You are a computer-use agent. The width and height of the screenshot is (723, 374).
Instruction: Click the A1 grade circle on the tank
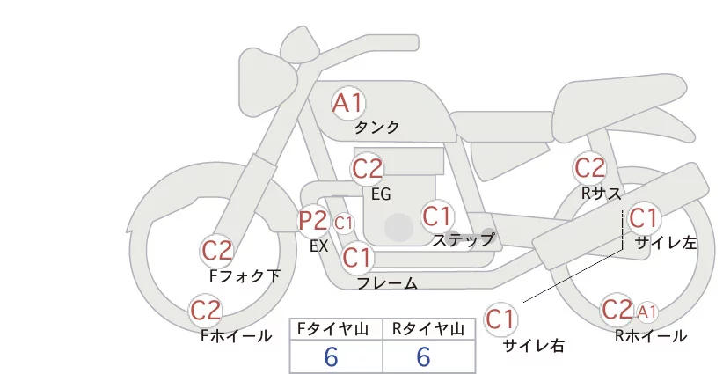tap(347, 103)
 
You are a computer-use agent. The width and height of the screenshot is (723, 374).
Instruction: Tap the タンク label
tap(377, 128)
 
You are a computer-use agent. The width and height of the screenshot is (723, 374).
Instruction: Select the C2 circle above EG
tap(367, 167)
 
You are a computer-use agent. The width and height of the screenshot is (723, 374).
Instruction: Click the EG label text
tap(381, 194)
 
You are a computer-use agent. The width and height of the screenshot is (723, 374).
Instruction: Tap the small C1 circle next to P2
tap(343, 223)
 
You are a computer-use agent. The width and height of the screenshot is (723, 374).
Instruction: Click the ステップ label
tap(463, 239)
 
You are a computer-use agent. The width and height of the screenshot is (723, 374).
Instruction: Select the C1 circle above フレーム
tap(356, 258)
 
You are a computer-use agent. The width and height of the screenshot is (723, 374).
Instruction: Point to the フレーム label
tap(387, 283)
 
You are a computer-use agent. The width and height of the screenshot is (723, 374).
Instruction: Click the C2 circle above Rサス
tap(588, 167)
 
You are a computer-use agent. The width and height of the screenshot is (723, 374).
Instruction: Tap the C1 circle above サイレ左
tap(643, 217)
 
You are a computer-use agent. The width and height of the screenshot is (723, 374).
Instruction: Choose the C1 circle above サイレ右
tap(501, 318)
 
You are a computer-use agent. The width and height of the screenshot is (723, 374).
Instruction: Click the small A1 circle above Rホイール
tap(646, 312)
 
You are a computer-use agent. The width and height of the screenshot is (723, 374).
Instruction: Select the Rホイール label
tap(651, 335)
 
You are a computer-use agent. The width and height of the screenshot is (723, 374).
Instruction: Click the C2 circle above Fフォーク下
tap(216, 251)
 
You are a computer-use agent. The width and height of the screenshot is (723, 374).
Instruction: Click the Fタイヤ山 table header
tap(337, 329)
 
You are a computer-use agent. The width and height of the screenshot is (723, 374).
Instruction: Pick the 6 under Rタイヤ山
tap(424, 357)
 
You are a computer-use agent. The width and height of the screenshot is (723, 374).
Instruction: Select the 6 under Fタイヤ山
tap(332, 357)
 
